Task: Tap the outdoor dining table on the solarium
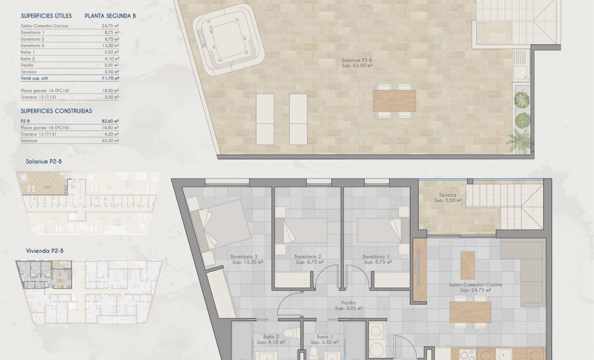tap(394, 101)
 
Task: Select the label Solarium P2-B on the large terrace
tap(357, 63)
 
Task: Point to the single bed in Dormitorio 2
tap(301, 230)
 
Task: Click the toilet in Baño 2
tap(290, 333)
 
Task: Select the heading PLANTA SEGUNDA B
tap(110, 16)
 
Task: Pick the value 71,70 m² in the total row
tap(110, 78)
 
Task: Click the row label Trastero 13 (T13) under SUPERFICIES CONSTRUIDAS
tap(38, 134)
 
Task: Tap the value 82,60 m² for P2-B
tap(110, 121)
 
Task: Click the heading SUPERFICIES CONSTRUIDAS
tap(56, 111)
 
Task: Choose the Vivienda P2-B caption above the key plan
tap(45, 251)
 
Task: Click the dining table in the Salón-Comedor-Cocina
tap(470, 312)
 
